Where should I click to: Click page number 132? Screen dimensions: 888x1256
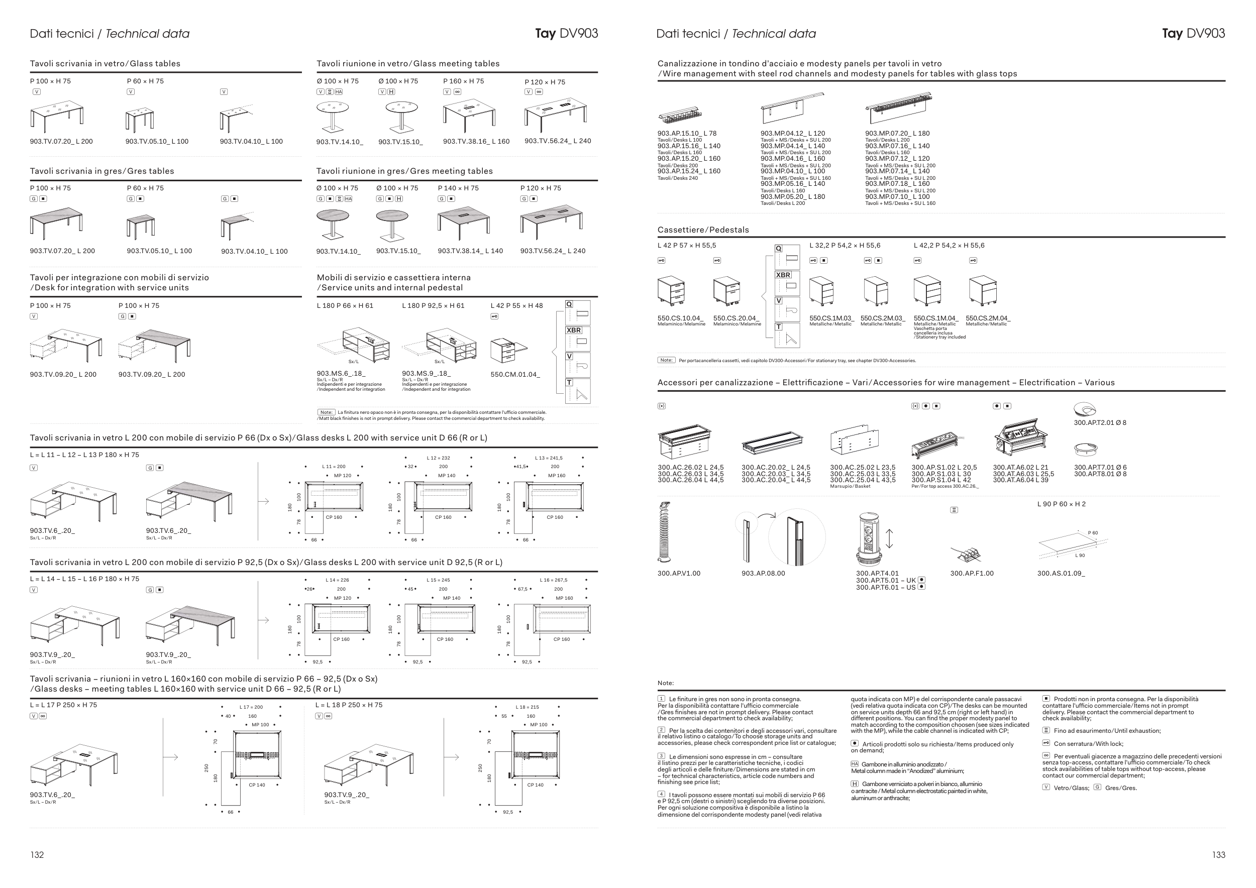[37, 855]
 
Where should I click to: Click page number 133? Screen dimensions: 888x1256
[1218, 855]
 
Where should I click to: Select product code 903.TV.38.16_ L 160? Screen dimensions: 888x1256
[476, 142]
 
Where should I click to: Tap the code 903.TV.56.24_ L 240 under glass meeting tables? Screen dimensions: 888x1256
[558, 141]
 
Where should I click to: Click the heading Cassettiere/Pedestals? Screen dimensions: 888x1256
[702, 230]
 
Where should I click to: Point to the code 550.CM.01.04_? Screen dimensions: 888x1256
[515, 375]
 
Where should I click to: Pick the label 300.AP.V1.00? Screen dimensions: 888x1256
[678, 573]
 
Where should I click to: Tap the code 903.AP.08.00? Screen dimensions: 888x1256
[763, 573]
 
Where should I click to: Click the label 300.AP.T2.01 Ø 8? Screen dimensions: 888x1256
[1100, 423]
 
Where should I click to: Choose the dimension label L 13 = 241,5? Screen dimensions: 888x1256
[548, 458]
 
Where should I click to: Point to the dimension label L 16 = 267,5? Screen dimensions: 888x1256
[553, 580]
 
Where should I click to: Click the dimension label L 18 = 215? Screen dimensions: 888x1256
[527, 707]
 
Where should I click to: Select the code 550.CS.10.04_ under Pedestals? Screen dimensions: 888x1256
[681, 318]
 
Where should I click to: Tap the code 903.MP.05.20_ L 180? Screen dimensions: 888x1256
[792, 197]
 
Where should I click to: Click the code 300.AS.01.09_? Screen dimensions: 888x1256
[1061, 573]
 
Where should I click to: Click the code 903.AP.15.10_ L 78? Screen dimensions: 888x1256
[687, 134]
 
